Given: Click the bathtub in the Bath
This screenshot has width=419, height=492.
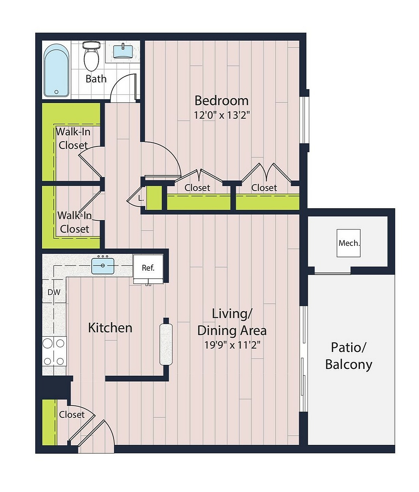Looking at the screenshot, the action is pyautogui.click(x=56, y=70).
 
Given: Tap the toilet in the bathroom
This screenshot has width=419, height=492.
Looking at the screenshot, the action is pyautogui.click(x=92, y=56).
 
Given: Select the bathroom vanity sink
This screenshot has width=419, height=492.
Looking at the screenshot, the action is pyautogui.click(x=123, y=51).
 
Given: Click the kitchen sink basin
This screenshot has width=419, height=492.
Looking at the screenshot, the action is pyautogui.click(x=103, y=265).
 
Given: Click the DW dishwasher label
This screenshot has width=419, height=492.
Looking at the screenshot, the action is pyautogui.click(x=54, y=292).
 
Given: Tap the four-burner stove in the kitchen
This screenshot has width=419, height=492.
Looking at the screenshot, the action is pyautogui.click(x=54, y=352).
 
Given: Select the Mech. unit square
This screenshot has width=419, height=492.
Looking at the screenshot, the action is pyautogui.click(x=348, y=243).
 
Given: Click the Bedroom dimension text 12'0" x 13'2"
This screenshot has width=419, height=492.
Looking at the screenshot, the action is pyautogui.click(x=222, y=115).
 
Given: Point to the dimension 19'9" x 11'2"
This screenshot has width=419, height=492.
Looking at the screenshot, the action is pyautogui.click(x=233, y=345).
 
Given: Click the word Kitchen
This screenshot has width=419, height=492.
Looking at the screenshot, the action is pyautogui.click(x=110, y=328).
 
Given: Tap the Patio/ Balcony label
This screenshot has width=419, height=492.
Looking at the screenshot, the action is pyautogui.click(x=348, y=356).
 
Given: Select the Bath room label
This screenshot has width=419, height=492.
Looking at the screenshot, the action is pyautogui.click(x=96, y=79).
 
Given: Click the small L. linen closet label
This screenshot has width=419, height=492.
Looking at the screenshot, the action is pyautogui.click(x=141, y=198).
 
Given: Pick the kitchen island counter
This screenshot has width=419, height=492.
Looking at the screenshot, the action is pyautogui.click(x=166, y=344).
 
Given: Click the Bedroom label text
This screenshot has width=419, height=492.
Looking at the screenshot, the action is pyautogui.click(x=221, y=100).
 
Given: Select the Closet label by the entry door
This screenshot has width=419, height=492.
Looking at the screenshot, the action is pyautogui.click(x=72, y=414).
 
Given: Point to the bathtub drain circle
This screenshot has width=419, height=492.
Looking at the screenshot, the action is pyautogui.click(x=56, y=92).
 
